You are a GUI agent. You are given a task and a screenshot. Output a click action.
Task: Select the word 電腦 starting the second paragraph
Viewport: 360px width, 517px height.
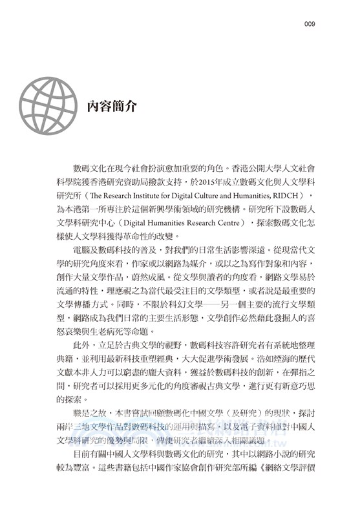tap(83, 252)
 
